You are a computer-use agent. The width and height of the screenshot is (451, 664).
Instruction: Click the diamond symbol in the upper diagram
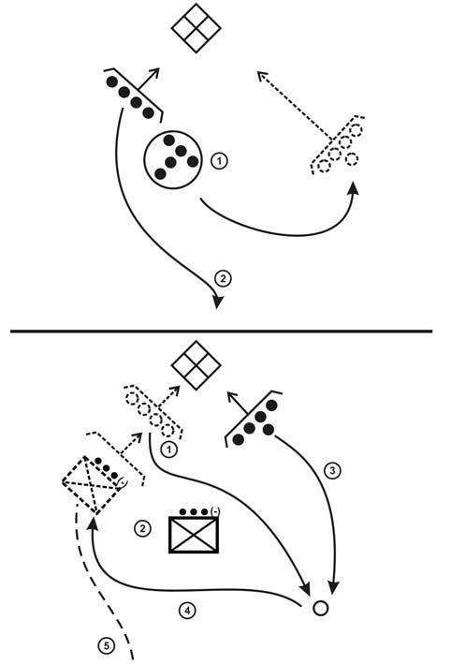196,28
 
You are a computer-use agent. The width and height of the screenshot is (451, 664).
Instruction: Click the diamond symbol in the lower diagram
196,365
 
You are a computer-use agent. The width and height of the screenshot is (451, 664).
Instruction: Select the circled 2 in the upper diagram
223,279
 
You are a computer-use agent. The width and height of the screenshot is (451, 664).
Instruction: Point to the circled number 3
332,470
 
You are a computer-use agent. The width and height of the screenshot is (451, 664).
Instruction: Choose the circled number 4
187,611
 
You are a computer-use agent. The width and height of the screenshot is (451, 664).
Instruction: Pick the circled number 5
106,646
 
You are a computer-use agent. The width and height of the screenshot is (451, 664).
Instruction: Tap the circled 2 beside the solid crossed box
142,528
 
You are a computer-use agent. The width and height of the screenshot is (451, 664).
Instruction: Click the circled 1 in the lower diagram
169,449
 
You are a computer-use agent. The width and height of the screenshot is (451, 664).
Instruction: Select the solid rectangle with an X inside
194,535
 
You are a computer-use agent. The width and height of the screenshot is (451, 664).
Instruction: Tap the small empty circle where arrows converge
321,608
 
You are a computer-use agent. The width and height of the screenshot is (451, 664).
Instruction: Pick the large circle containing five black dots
172,159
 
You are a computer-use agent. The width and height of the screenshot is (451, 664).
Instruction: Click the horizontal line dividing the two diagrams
221,331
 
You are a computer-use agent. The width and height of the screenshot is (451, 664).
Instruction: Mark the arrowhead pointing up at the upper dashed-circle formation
354,187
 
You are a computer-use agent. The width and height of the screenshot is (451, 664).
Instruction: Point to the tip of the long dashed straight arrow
257,72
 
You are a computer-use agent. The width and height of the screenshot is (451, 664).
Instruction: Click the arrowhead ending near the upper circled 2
217,301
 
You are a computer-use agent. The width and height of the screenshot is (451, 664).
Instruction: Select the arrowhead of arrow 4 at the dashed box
93,523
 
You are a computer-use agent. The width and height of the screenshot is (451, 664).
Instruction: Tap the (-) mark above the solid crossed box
215,511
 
